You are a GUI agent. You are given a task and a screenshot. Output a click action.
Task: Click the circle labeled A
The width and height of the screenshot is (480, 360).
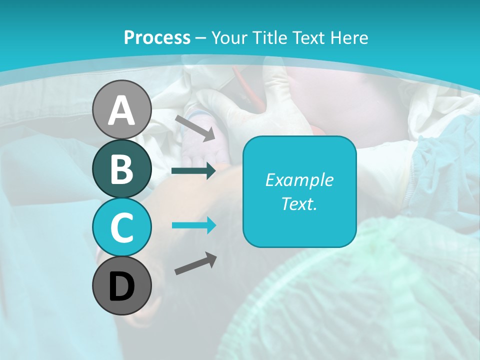pyautogui.click(x=121, y=109)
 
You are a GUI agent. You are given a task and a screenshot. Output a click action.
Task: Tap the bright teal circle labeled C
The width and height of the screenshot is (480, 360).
pyautogui.click(x=121, y=227)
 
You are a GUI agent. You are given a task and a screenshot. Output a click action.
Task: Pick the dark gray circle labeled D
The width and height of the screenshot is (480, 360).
pyautogui.click(x=121, y=286)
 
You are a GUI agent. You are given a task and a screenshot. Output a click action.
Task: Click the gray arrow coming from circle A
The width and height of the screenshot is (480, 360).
pyautogui.click(x=195, y=128)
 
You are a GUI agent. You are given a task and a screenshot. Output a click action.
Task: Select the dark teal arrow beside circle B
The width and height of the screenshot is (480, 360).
pyautogui.click(x=193, y=171)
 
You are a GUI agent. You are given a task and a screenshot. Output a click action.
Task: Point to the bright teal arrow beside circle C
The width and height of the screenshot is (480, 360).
pyautogui.click(x=193, y=225)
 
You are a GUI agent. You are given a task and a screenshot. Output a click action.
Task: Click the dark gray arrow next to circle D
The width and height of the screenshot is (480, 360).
pyautogui.click(x=195, y=263)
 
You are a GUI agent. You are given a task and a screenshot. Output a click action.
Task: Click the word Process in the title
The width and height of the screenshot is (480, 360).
pyautogui.click(x=157, y=37)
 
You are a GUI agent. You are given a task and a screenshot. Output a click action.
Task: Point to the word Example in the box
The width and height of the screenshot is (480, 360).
pyautogui.click(x=299, y=180)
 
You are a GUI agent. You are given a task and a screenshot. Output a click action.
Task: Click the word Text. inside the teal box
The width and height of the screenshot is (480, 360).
pyautogui.click(x=299, y=203)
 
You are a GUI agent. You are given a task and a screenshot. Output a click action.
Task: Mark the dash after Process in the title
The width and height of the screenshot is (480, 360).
pyautogui.click(x=200, y=38)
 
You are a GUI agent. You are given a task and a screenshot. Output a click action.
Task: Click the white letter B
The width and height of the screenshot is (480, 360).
pyautogui.click(x=121, y=169)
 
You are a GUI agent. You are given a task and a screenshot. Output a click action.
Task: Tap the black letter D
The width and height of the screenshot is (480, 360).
pyautogui.click(x=121, y=287)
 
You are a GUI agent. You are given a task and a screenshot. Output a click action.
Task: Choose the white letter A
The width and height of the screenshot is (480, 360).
pyautogui.click(x=121, y=110)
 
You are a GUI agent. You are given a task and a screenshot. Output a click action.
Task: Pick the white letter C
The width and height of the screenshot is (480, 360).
pyautogui.click(x=121, y=228)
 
